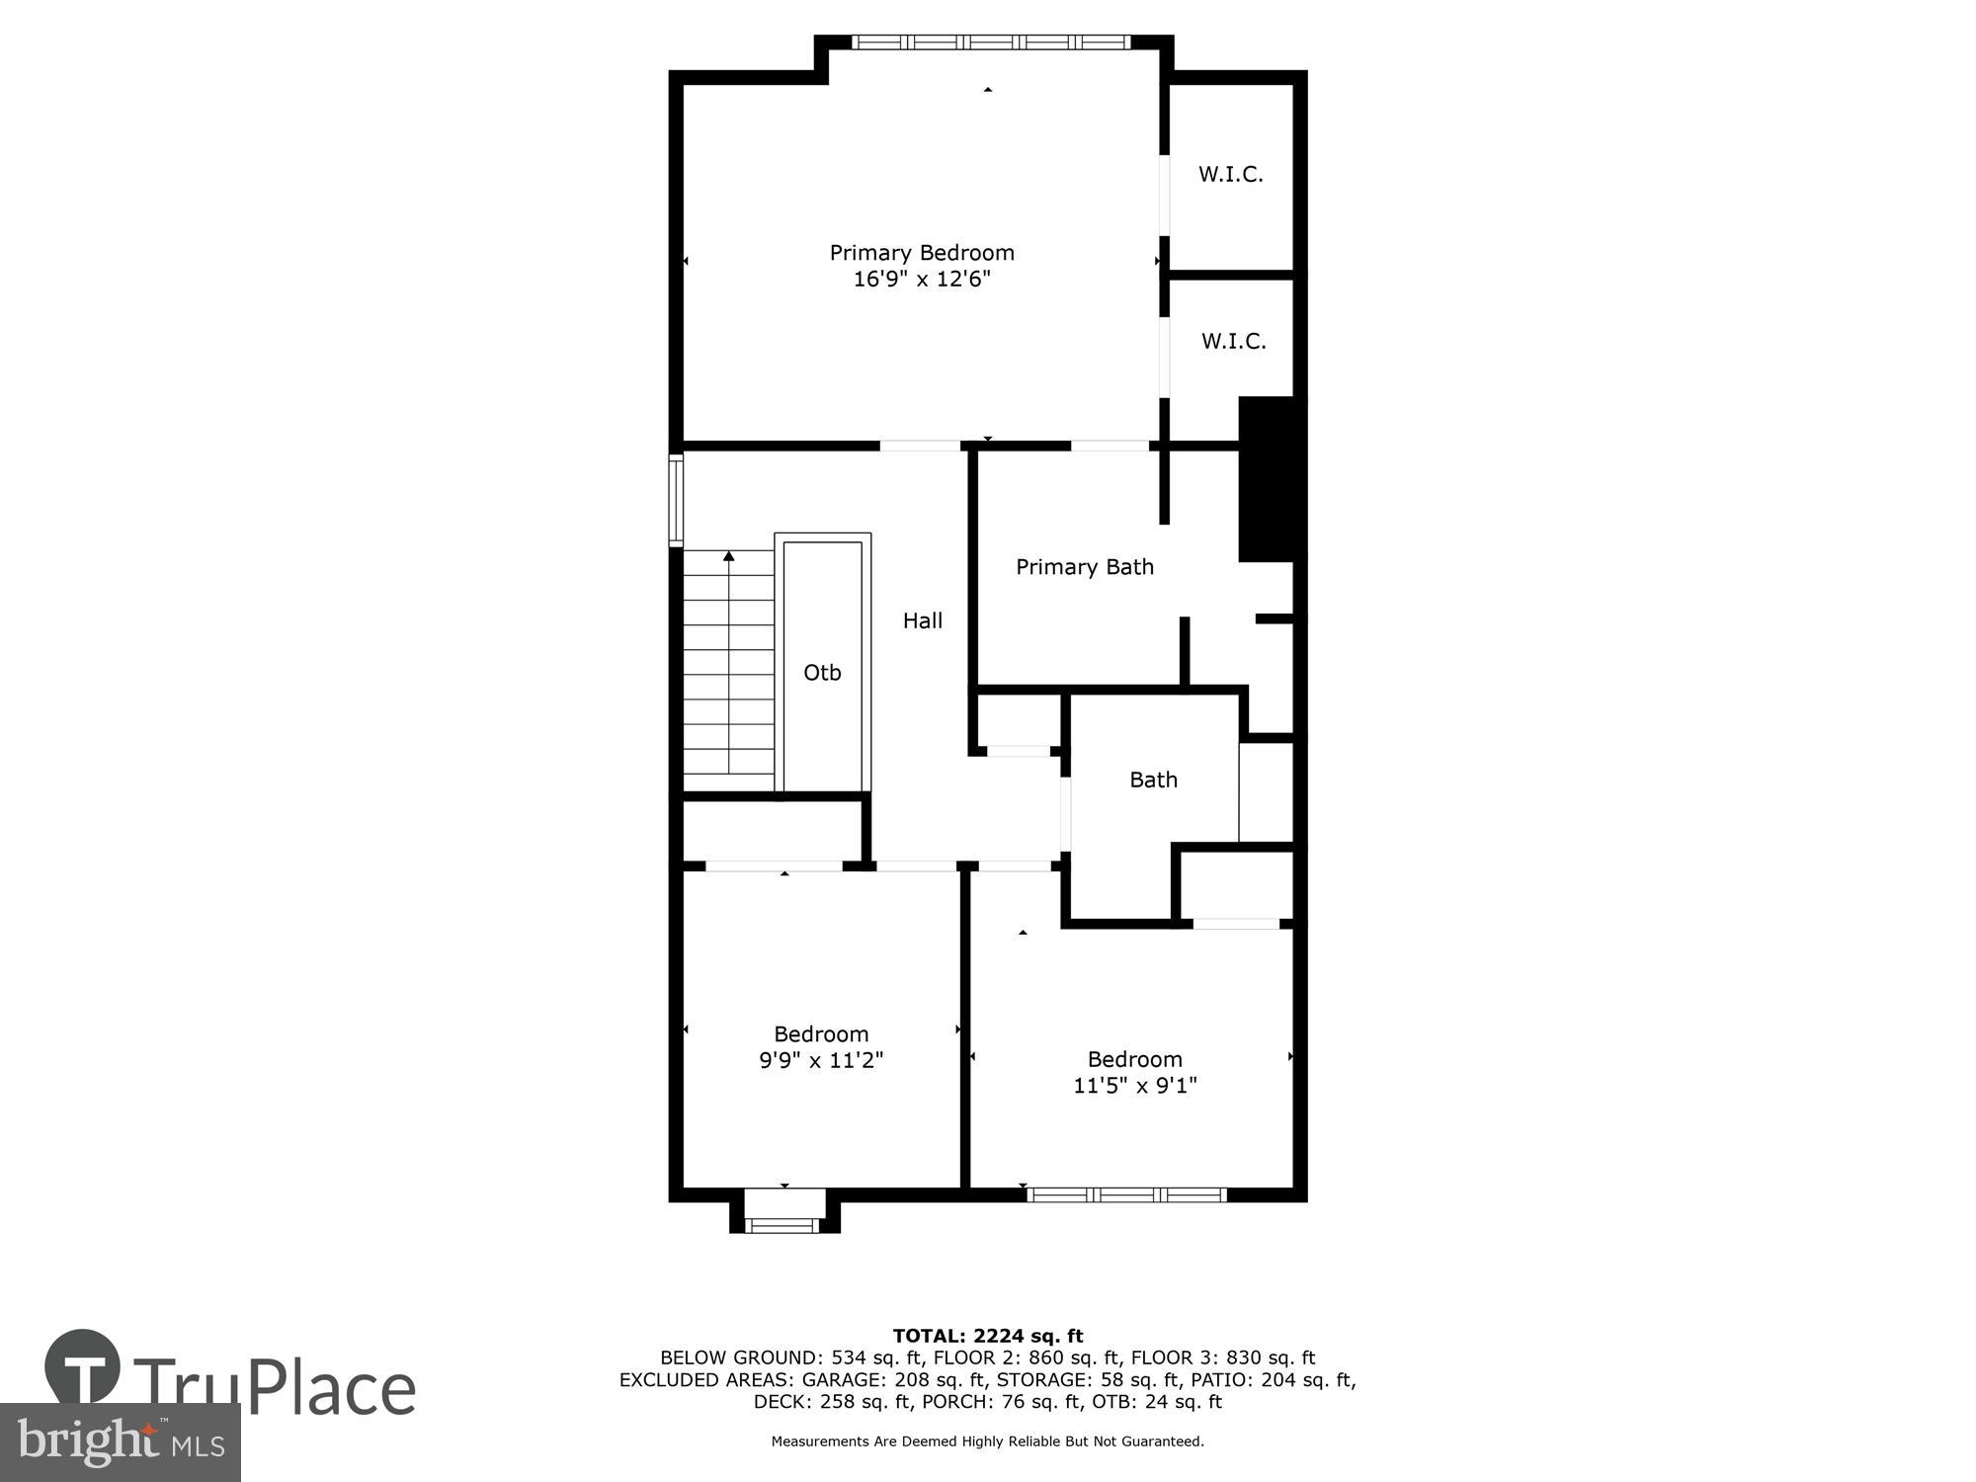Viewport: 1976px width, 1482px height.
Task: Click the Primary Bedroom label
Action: (x=921, y=253)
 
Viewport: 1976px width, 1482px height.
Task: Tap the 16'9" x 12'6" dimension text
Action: (x=921, y=280)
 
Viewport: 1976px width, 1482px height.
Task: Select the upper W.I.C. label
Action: (x=1231, y=175)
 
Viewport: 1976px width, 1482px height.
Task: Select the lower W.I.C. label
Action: (x=1233, y=342)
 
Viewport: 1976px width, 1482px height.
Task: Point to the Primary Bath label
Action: (x=1085, y=567)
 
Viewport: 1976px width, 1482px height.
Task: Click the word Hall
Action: (x=922, y=620)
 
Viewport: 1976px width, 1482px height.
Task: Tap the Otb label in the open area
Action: (x=822, y=673)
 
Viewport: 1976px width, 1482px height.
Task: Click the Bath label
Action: (x=1153, y=780)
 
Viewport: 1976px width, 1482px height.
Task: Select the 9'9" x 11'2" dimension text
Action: (x=820, y=1061)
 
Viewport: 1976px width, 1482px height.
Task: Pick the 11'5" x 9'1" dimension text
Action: (x=1134, y=1086)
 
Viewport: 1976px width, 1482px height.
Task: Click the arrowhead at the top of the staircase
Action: (x=729, y=557)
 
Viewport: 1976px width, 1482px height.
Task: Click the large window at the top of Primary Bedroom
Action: (x=990, y=42)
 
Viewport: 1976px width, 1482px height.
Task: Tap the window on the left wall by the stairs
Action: (x=676, y=500)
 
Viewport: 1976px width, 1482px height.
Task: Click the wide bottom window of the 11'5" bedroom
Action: (x=1126, y=1195)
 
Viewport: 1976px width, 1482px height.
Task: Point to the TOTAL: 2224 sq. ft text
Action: (x=987, y=1337)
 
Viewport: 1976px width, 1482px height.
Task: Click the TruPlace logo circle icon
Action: (x=83, y=1368)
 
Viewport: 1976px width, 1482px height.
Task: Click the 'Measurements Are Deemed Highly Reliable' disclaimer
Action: (x=987, y=1441)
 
